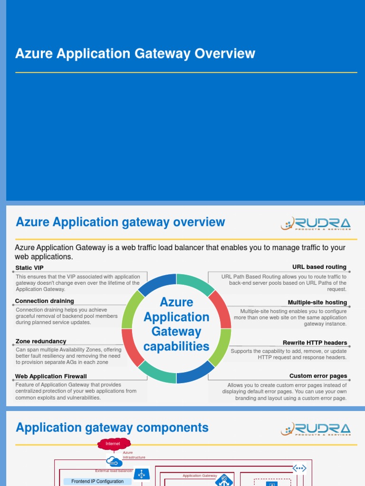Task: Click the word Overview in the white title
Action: [x=225, y=54]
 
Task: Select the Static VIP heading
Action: [x=29, y=268]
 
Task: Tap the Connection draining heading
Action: [x=44, y=301]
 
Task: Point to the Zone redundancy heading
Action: [x=41, y=341]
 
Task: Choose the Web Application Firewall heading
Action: [x=51, y=376]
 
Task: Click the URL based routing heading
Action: [x=319, y=267]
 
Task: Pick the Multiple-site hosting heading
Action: [x=317, y=302]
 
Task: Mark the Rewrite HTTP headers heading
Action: [x=315, y=343]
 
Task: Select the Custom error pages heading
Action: [x=318, y=376]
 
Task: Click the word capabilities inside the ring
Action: [x=176, y=347]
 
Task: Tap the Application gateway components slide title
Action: [x=112, y=428]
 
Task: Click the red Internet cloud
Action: [x=113, y=444]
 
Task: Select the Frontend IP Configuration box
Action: [x=97, y=481]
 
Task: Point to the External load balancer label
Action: [x=114, y=471]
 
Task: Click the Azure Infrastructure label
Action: [x=134, y=455]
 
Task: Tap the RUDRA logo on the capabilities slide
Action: [x=316, y=224]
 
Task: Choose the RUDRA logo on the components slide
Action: [x=316, y=429]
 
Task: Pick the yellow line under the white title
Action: [x=186, y=73]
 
